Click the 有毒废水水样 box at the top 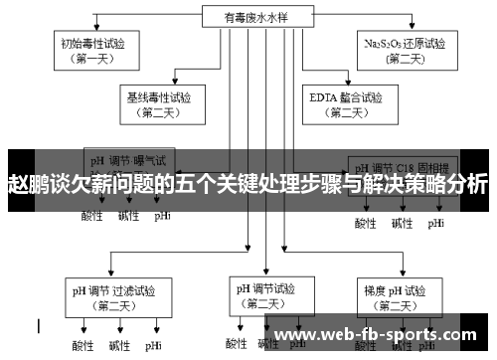[x=248, y=17]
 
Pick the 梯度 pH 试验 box [x=395, y=298]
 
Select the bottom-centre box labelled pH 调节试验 [x=264, y=295]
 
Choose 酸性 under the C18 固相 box [x=366, y=223]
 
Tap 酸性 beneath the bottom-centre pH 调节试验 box [x=237, y=344]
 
